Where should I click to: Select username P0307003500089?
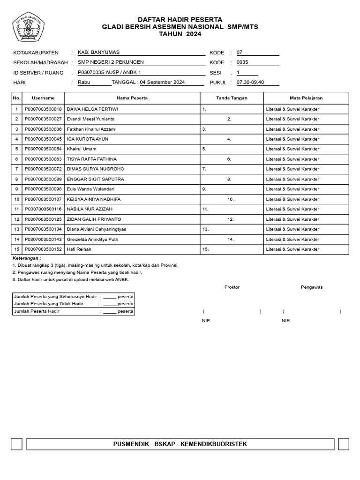[43, 179]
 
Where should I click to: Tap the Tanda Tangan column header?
[232, 98]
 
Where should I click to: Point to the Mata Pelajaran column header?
[306, 98]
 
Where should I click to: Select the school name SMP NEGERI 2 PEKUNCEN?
[111, 62]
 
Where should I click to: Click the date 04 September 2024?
[162, 82]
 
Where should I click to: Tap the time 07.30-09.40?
[250, 82]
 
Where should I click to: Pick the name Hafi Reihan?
[79, 249]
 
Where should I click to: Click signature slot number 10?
[231, 199]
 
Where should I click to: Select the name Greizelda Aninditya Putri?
[93, 240]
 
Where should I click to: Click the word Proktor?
[232, 287]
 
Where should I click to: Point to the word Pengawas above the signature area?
[311, 287]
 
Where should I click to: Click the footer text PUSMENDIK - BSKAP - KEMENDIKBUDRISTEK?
[180, 444]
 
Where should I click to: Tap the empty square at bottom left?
[16, 444]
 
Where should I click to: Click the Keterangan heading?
[26, 258]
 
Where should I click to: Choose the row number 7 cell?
[16, 169]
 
